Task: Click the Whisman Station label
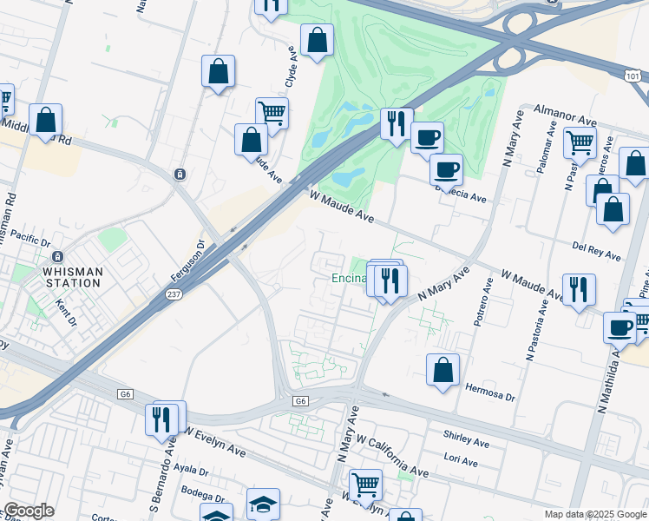72,272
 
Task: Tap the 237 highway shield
173,297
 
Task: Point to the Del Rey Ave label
597,251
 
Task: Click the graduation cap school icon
263,503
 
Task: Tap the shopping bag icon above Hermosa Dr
442,369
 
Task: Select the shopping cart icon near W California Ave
365,485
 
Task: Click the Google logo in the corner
29,511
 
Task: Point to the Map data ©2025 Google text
594,514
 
